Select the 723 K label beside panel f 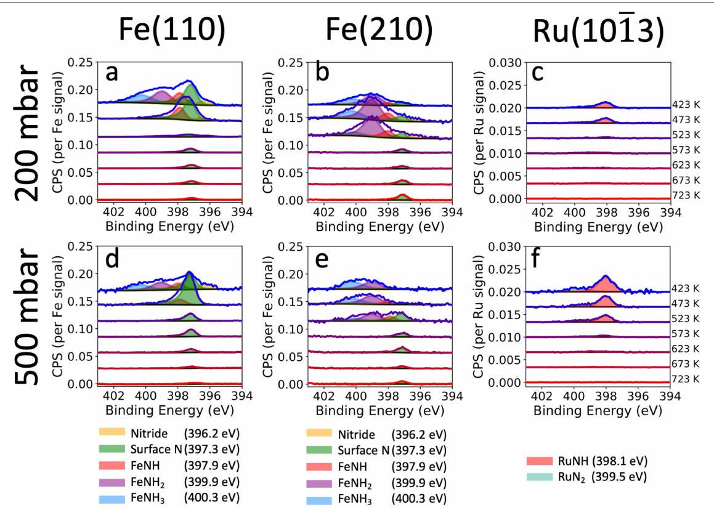click(686, 379)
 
